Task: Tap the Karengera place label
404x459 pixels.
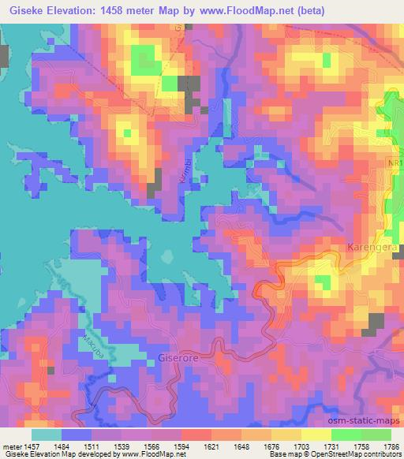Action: pyautogui.click(x=372, y=248)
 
